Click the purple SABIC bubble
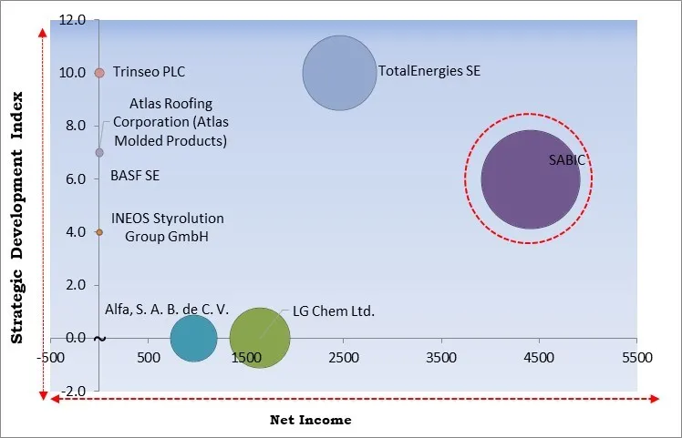click(x=530, y=179)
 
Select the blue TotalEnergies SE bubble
click(x=338, y=72)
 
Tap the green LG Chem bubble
click(x=260, y=339)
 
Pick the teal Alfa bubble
click(x=193, y=338)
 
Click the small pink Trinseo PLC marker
click(x=99, y=72)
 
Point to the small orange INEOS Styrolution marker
click(x=99, y=232)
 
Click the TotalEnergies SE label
click(x=429, y=71)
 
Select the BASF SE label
click(x=135, y=175)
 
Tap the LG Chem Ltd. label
click(x=334, y=311)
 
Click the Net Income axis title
click(x=310, y=420)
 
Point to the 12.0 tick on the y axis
click(x=74, y=19)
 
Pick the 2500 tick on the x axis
click(x=343, y=358)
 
